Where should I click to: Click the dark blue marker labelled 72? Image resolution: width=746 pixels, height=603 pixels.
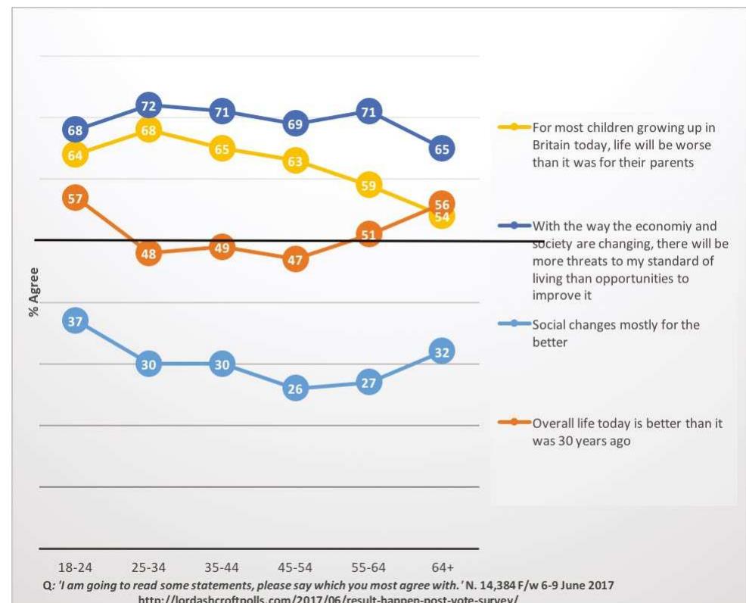pyautogui.click(x=148, y=105)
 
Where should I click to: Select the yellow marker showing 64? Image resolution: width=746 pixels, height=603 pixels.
pyautogui.click(x=75, y=155)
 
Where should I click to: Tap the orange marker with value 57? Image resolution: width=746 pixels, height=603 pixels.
pyautogui.click(x=75, y=198)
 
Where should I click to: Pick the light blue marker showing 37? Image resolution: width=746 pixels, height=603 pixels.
pyautogui.click(x=75, y=321)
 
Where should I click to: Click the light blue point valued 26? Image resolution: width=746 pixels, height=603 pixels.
pyautogui.click(x=295, y=389)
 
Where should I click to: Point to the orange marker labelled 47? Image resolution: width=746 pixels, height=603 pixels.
pyautogui.click(x=295, y=260)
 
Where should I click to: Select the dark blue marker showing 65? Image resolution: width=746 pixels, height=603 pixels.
pyautogui.click(x=442, y=149)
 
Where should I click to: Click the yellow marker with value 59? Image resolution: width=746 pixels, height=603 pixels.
pyautogui.click(x=368, y=186)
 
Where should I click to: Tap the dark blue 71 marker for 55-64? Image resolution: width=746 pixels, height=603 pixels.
pyautogui.click(x=368, y=112)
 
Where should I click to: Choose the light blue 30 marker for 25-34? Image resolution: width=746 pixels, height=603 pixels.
pyautogui.click(x=148, y=364)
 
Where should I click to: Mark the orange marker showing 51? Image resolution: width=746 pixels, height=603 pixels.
pyautogui.click(x=368, y=235)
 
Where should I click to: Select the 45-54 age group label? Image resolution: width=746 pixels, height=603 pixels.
pyautogui.click(x=295, y=567)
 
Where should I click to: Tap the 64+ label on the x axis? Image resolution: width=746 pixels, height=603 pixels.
pyautogui.click(x=442, y=567)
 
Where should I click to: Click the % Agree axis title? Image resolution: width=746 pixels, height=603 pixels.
pyautogui.click(x=33, y=291)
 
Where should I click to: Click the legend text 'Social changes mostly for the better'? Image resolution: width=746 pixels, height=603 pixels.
pyautogui.click(x=616, y=333)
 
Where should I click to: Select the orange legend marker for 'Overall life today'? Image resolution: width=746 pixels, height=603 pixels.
pyautogui.click(x=514, y=423)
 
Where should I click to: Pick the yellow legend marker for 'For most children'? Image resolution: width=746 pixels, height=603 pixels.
pyautogui.click(x=514, y=127)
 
